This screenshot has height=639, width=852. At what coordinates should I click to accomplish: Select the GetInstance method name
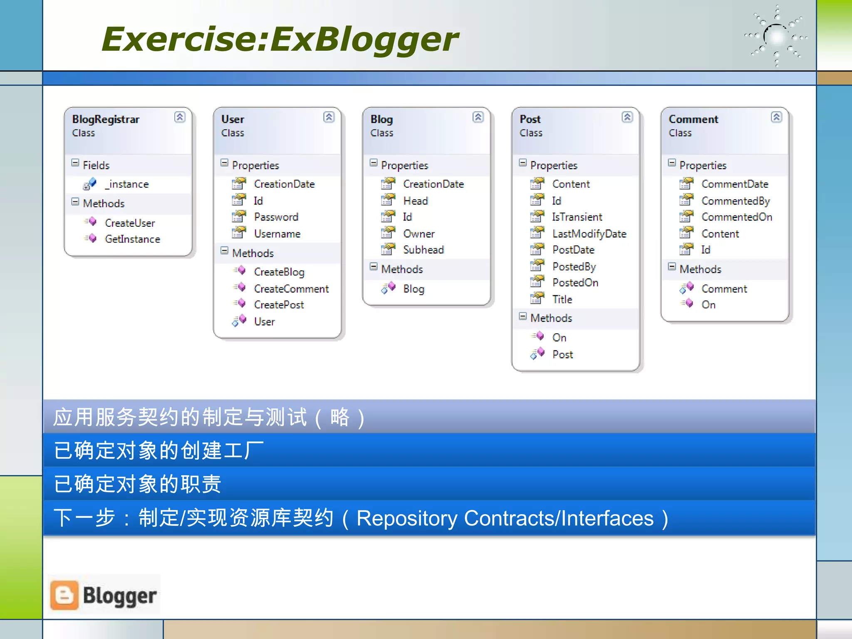[132, 239]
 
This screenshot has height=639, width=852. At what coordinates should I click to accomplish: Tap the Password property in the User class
[276, 217]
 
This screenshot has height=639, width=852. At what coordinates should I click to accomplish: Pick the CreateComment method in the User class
[291, 289]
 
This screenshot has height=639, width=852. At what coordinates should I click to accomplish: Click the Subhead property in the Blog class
[423, 250]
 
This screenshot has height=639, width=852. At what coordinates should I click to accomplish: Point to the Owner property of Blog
[419, 234]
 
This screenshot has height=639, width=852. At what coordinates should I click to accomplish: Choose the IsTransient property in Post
[577, 217]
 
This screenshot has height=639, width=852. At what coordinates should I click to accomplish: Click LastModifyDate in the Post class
[589, 234]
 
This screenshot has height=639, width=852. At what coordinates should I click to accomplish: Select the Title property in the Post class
[562, 299]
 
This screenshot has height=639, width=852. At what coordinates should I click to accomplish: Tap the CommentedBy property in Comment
[735, 201]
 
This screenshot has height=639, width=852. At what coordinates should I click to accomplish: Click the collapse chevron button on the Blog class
[478, 117]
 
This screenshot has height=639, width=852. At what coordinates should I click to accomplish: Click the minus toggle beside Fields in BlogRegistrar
[75, 163]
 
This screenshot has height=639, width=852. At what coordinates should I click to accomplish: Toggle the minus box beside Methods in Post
[523, 316]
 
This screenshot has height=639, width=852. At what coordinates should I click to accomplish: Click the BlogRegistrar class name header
[106, 119]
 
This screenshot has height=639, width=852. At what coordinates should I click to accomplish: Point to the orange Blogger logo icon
[64, 595]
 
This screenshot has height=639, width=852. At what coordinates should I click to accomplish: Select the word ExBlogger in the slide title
[364, 39]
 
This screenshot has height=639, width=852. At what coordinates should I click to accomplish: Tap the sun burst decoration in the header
[776, 37]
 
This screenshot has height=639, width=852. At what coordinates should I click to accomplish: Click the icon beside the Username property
[239, 233]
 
